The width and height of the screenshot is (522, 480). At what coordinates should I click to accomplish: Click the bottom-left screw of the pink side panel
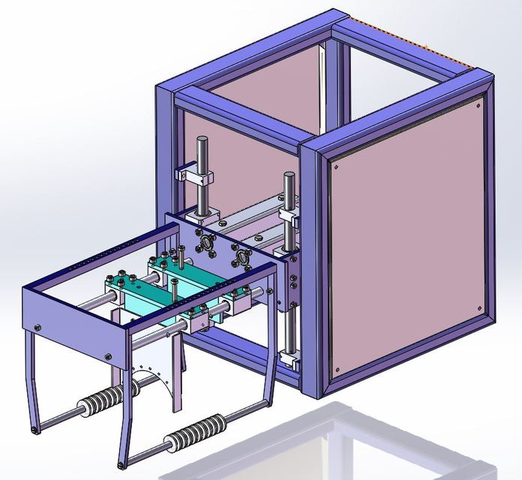point(336,369)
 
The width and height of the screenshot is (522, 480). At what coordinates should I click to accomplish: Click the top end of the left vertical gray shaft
point(202,140)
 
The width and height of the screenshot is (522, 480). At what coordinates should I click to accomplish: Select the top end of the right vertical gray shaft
point(289,176)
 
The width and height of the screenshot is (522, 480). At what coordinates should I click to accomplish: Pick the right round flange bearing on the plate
point(240,261)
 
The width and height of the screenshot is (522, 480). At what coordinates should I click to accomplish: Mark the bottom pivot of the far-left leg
point(36,430)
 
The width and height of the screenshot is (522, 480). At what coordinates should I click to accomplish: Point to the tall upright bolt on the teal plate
point(181,256)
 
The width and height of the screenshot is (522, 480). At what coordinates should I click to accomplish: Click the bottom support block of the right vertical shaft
point(289,360)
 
